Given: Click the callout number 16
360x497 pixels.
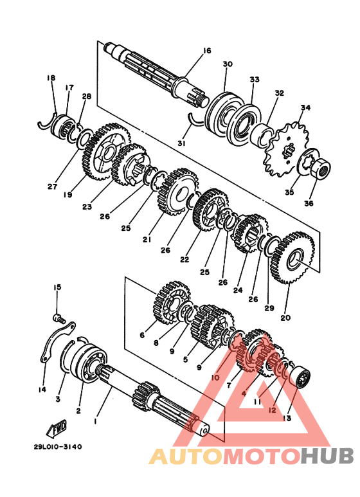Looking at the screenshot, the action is [x=206, y=51].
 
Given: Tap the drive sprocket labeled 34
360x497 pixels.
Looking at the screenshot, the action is [x=286, y=149].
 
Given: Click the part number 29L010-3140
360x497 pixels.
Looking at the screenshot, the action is [x=58, y=447].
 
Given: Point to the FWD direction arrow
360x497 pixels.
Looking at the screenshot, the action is [x=57, y=429].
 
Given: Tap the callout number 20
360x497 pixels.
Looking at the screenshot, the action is [x=285, y=317].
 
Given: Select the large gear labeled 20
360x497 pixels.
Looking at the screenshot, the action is [x=292, y=257].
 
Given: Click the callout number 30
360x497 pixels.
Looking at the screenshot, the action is [x=228, y=64].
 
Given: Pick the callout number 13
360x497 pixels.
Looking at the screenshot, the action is [x=287, y=419].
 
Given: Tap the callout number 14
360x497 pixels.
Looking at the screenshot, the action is [x=42, y=390].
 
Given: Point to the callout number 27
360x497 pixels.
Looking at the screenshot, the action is [x=52, y=186].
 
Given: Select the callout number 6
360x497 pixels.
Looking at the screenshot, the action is [x=142, y=335].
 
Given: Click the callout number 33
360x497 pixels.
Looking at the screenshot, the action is [x=255, y=79].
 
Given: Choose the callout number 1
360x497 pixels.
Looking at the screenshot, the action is [x=94, y=421].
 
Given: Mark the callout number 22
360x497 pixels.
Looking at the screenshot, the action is [x=184, y=259].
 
